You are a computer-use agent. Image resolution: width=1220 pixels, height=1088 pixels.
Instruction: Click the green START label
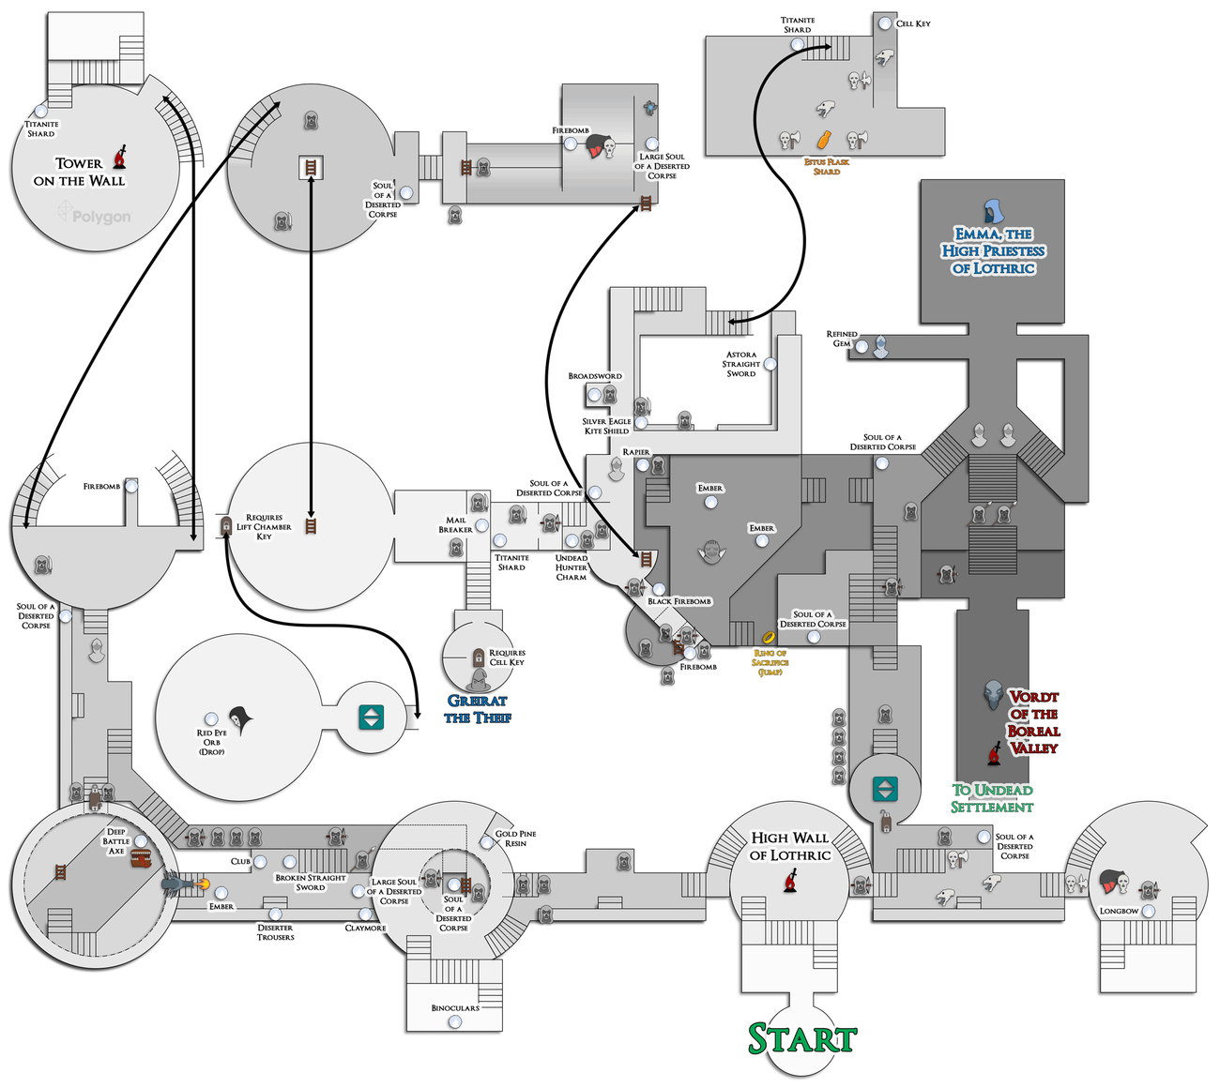click(x=802, y=1039)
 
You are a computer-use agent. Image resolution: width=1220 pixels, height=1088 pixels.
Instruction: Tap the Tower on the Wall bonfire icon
click(x=120, y=157)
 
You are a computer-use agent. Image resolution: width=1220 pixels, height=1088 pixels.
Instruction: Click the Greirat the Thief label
click(x=477, y=709)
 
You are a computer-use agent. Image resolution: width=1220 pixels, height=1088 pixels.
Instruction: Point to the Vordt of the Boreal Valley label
click(x=1033, y=723)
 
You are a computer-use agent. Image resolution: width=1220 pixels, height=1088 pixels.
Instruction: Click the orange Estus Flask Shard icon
click(x=824, y=140)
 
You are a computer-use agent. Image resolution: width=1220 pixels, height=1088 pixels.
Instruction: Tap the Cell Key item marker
click(x=885, y=23)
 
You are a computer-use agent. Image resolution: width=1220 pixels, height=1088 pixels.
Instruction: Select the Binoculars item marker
click(x=455, y=1022)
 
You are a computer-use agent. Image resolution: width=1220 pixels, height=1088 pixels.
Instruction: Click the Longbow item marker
click(x=1148, y=911)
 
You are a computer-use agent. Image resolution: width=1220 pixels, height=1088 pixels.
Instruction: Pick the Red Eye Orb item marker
click(x=212, y=719)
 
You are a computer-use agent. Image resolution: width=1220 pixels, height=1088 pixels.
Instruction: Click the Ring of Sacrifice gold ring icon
click(x=769, y=639)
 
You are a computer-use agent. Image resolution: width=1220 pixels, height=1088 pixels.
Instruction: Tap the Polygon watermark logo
click(x=94, y=215)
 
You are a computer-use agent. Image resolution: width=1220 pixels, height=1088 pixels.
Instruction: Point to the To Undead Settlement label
click(x=992, y=798)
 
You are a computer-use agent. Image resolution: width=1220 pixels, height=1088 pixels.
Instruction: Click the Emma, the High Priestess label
click(x=993, y=250)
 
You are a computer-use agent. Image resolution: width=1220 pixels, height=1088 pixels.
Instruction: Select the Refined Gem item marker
click(x=862, y=347)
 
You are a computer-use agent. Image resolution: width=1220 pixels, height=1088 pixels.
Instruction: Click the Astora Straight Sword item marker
click(x=770, y=364)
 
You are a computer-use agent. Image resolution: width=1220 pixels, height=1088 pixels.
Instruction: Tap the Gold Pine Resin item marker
click(x=487, y=842)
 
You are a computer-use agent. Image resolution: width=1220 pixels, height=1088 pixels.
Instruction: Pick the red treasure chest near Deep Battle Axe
click(x=141, y=858)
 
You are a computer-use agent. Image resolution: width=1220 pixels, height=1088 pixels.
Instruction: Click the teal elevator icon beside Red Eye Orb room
click(x=372, y=718)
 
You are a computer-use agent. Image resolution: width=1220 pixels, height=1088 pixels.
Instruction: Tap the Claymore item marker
click(x=365, y=914)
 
